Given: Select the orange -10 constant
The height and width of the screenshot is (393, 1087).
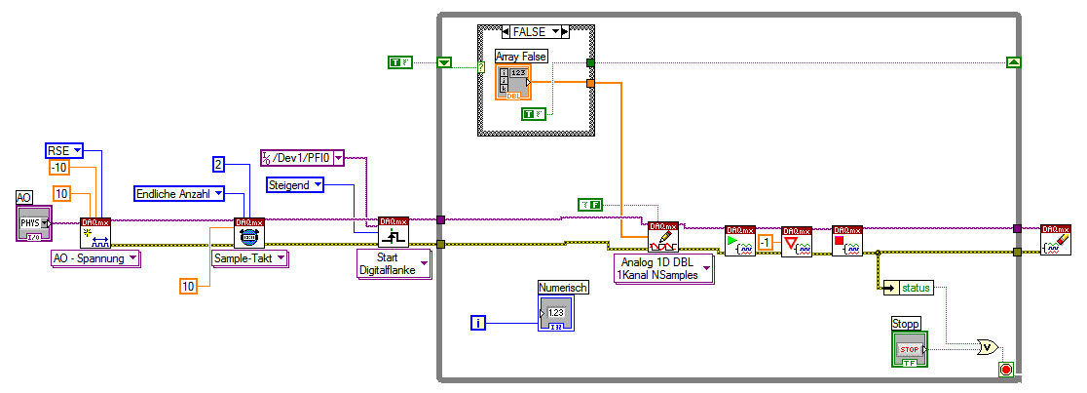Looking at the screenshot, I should point(60,167).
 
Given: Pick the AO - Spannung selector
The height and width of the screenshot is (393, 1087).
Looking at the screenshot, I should point(95,257).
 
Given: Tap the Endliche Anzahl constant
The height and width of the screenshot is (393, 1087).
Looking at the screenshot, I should point(179,193).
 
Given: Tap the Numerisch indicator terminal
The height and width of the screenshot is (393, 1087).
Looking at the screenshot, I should point(555,310).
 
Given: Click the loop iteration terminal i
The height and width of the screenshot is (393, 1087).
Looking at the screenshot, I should point(477,321).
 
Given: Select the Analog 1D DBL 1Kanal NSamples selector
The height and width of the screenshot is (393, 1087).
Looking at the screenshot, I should point(663,269).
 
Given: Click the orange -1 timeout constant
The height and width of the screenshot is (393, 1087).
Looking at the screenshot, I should point(766,242).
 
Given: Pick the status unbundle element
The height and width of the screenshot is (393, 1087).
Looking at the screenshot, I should point(909,287).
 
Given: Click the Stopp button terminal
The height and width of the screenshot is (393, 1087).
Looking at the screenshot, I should point(909,348).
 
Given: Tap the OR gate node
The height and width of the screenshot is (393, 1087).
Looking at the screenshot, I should point(988,345).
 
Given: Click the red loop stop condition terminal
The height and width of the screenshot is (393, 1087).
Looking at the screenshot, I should point(1005,370).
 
